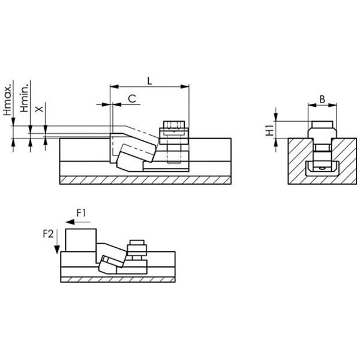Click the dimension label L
(x=149, y=81)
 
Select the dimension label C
(x=132, y=99)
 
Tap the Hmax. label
(x=7, y=100)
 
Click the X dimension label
(x=39, y=109)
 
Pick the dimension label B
(x=322, y=99)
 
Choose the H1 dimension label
(x=269, y=130)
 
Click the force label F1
(x=81, y=213)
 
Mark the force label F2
(x=48, y=234)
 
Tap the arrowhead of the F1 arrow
(x=70, y=222)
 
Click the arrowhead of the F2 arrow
(x=57, y=250)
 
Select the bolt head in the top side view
(x=174, y=124)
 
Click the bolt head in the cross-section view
(x=322, y=124)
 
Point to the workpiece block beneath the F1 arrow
(x=81, y=240)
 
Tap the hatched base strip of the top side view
(x=145, y=180)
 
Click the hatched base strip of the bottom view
(x=118, y=279)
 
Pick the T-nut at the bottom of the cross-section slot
(x=322, y=169)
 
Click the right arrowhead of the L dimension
(x=185, y=86)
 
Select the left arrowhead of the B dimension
(x=312, y=105)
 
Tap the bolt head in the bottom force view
(x=137, y=242)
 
